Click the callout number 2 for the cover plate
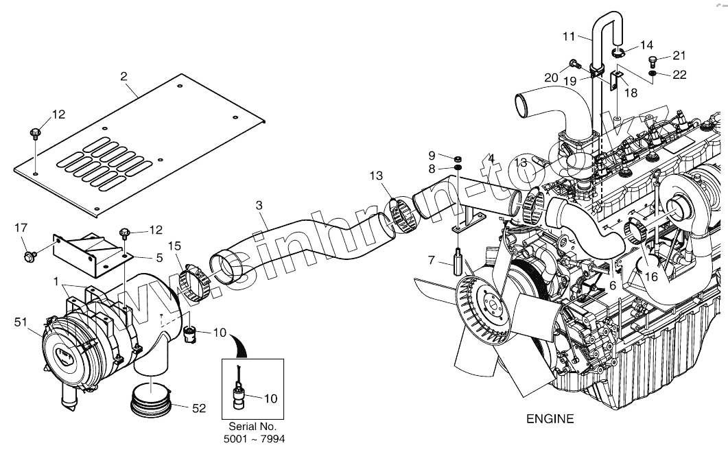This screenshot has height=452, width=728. point(124,76)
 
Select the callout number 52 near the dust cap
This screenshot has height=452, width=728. point(199,409)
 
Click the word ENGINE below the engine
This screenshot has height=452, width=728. point(550,418)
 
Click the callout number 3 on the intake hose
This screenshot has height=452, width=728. point(259,205)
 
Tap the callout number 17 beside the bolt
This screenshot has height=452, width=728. point(20,227)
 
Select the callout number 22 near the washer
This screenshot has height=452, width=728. point(680,75)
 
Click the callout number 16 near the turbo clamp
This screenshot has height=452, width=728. point(651,276)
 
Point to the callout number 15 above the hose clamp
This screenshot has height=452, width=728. point(175,246)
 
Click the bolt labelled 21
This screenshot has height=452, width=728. point(653,62)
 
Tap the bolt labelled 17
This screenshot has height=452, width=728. point(30,257)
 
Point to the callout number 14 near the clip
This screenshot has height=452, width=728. point(647,45)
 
